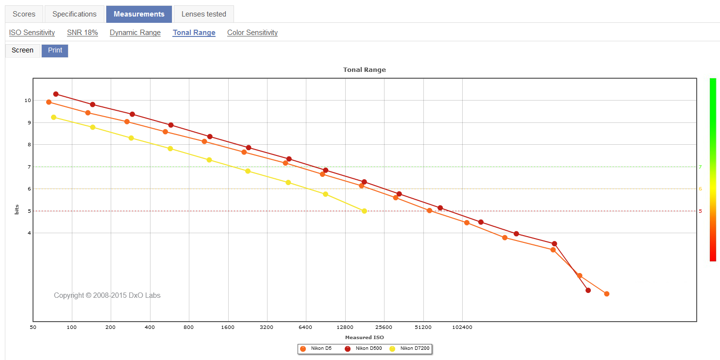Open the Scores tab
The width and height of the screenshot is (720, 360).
[24, 14]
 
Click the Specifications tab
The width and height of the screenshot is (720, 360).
[74, 14]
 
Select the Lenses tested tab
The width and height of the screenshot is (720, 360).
[203, 14]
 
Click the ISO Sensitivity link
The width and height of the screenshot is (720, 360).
[32, 33]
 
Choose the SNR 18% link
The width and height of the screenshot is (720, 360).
[83, 33]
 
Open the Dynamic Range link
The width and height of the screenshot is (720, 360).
[135, 33]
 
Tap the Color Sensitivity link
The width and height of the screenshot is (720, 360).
[252, 33]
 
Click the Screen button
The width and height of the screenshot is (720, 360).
[22, 51]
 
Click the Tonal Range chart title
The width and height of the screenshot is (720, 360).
[364, 69]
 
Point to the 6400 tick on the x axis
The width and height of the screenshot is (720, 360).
[305, 327]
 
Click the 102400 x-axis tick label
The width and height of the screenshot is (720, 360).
[462, 327]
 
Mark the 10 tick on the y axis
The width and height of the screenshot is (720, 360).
[28, 101]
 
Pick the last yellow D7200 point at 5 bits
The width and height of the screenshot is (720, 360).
[364, 211]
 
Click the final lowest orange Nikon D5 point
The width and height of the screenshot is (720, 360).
[606, 294]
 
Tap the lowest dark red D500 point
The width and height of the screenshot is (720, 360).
[588, 291]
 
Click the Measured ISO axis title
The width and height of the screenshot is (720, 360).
[364, 337]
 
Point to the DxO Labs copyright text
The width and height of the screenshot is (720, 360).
[107, 295]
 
